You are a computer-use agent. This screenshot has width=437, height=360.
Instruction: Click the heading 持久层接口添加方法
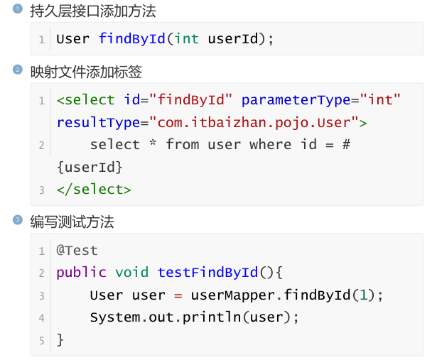tap(93, 11)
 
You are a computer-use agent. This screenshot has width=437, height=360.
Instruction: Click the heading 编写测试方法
tap(72, 222)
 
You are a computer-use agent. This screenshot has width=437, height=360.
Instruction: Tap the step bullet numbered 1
tap(18, 9)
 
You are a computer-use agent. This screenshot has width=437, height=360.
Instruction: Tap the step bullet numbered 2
tap(18, 70)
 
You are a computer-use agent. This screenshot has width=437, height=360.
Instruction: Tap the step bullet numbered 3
tap(18, 220)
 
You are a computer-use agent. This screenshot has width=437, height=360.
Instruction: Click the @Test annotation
tap(77, 250)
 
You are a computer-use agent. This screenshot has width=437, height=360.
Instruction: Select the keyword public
tap(81, 273)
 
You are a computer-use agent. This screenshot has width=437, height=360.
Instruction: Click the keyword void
tap(132, 273)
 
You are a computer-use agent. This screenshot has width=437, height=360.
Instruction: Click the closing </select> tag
tap(94, 190)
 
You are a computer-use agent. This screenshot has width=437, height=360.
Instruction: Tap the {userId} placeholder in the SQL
tap(90, 167)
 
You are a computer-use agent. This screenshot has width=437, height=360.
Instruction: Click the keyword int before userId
tap(186, 39)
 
